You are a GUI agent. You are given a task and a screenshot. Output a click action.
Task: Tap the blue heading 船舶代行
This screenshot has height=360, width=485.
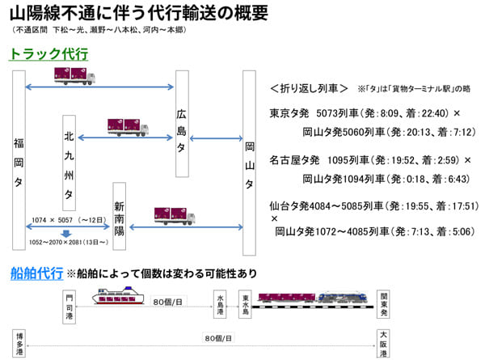tap(36, 273)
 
